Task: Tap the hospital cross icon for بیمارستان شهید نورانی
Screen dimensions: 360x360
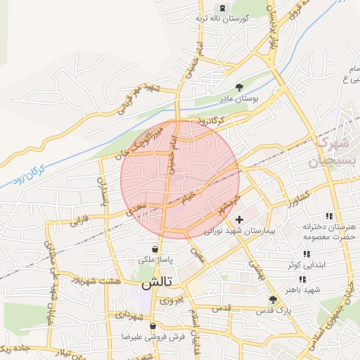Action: coord(239,219)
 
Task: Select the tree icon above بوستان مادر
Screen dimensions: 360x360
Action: coord(239,87)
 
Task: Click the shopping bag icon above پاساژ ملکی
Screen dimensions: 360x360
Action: coord(155,249)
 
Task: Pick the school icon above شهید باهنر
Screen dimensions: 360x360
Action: coord(302,279)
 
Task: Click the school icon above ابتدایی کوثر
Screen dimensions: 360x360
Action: coord(306,254)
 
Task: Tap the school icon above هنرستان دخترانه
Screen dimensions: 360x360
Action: coord(328,216)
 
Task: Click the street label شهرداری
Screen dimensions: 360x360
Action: coord(129,315)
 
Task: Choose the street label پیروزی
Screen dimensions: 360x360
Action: coord(170,300)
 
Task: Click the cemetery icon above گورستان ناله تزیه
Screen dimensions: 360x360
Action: coord(223,8)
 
